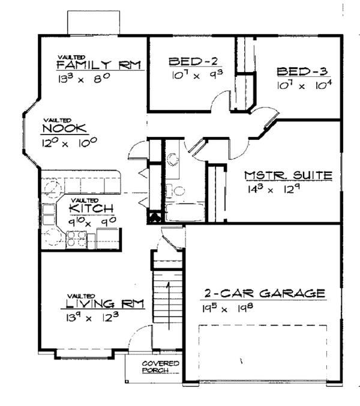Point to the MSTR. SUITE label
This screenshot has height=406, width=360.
point(289,176)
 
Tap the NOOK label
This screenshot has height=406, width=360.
point(65,129)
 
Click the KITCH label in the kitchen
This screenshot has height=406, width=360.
point(91,209)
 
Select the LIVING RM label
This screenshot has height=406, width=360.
point(103,304)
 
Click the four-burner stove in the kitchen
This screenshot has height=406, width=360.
point(77,241)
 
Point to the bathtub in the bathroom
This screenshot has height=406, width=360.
point(177,213)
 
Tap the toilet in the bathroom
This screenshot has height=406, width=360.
point(173,160)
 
